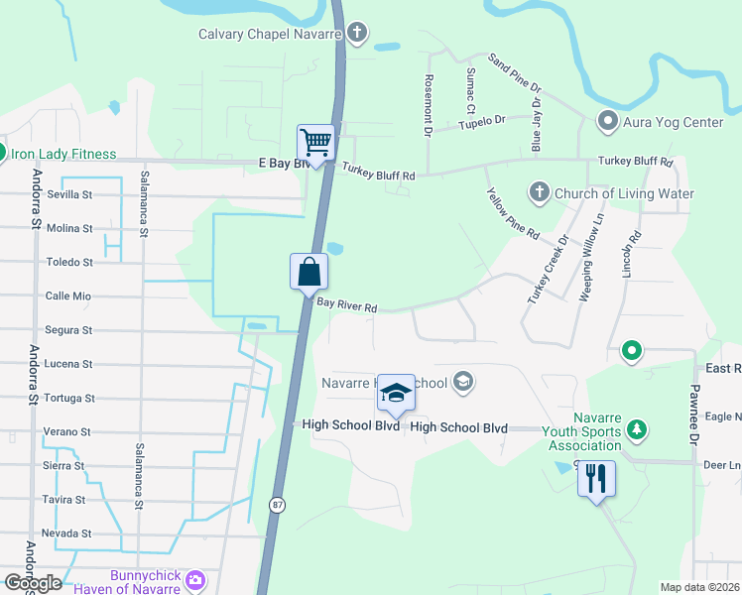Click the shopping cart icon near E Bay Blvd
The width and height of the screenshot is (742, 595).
(315, 142)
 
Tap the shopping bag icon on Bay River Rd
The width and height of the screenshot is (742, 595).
(309, 271)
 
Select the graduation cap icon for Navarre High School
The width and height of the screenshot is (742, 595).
(396, 394)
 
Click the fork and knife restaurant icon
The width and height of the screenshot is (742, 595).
(596, 479)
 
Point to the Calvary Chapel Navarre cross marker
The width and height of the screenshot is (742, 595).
(356, 34)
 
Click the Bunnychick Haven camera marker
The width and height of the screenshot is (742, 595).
(196, 579)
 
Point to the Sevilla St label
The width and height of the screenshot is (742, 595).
(69, 194)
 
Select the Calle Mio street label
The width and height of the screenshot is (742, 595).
(68, 296)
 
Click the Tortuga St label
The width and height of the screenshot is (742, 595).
(69, 398)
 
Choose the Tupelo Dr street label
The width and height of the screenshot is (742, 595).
(485, 120)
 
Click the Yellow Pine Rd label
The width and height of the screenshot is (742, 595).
(512, 215)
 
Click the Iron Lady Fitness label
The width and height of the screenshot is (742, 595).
(63, 154)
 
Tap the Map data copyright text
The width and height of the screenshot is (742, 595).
(699, 587)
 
